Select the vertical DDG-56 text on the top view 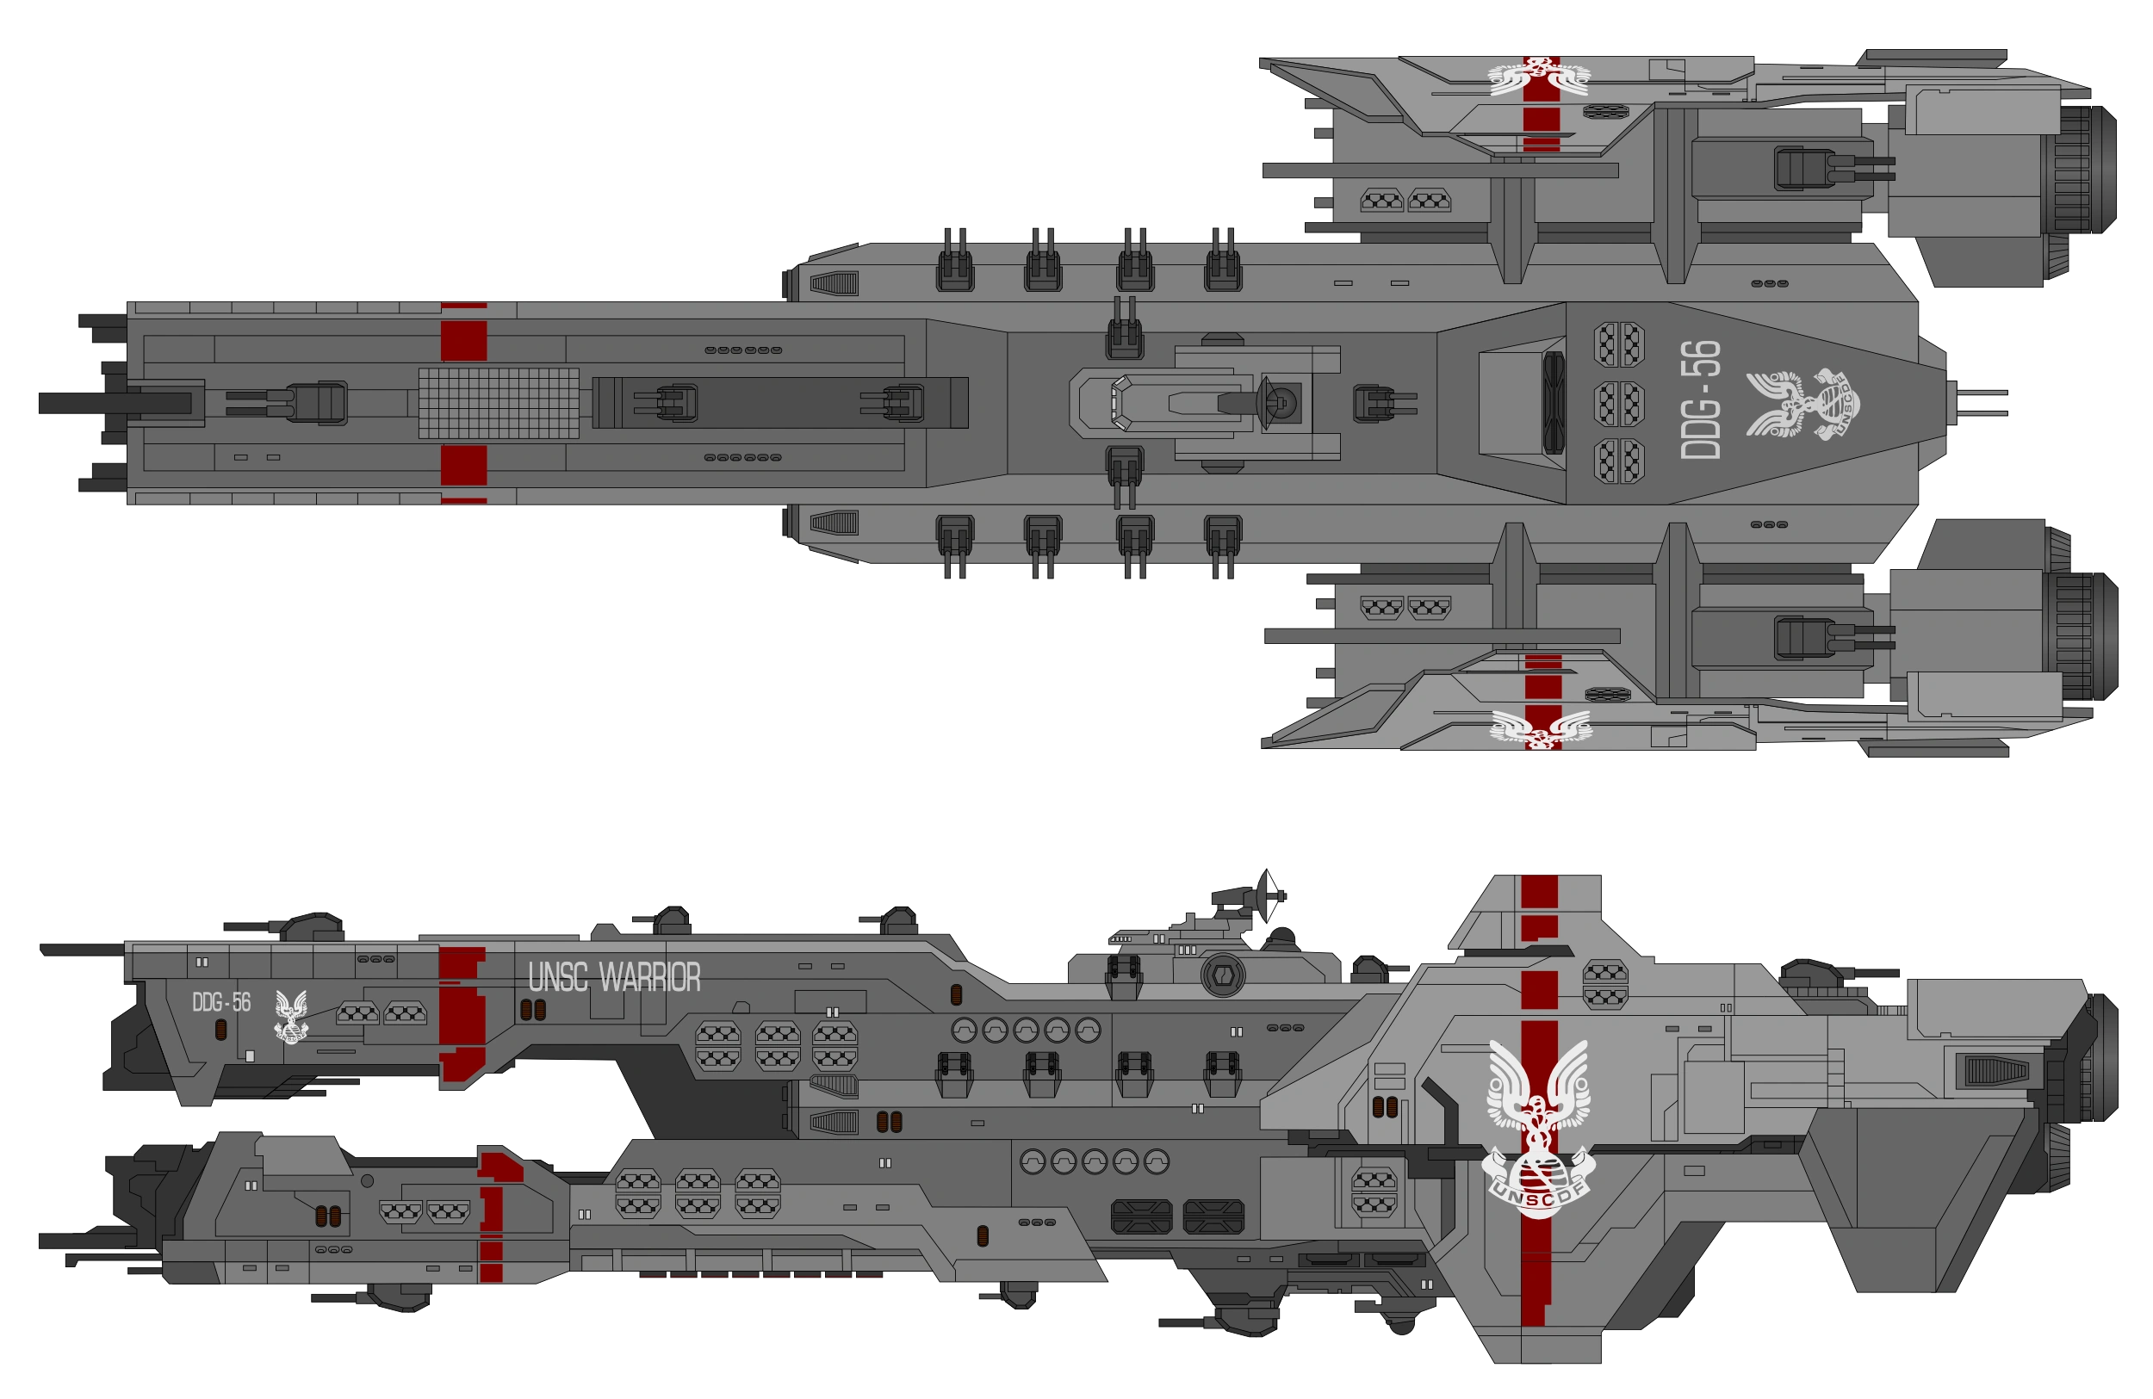point(1700,399)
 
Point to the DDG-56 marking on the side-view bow point(220,1002)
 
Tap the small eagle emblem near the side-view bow point(290,1015)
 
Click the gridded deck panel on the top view point(499,403)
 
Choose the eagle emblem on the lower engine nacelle point(1541,728)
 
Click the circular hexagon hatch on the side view point(1222,975)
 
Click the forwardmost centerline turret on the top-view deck point(312,402)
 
